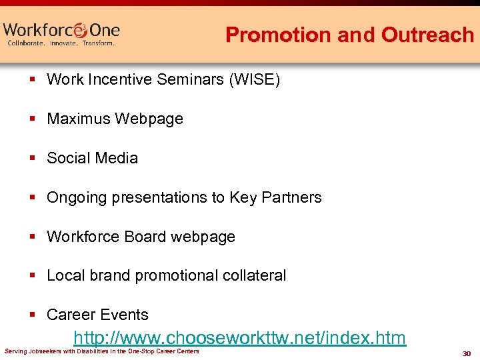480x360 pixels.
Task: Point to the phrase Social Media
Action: click(x=93, y=158)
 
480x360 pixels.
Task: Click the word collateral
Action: click(x=255, y=275)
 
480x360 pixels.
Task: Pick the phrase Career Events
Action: click(x=97, y=315)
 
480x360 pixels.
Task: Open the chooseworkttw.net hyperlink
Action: click(x=239, y=338)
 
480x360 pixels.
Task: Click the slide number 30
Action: click(x=466, y=353)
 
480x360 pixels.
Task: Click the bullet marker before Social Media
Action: click(x=32, y=159)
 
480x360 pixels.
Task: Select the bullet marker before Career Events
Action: click(x=32, y=315)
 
